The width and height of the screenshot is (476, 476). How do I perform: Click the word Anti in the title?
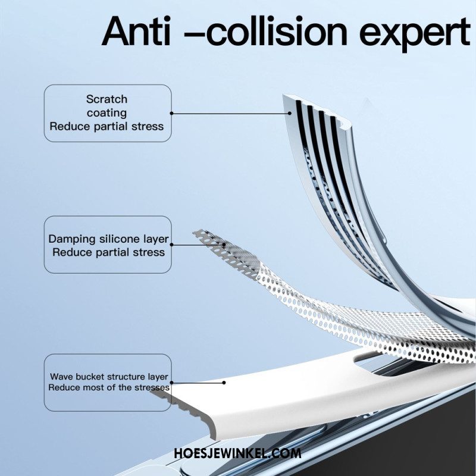coord(136,32)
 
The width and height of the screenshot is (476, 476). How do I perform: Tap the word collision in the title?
coord(277,31)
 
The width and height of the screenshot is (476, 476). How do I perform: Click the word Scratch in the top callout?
coord(107,99)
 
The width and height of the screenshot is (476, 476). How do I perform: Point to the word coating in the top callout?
coord(107,113)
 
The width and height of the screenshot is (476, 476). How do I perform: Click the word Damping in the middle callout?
coord(72,239)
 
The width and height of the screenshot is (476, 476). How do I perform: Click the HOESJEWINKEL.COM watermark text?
coord(237,453)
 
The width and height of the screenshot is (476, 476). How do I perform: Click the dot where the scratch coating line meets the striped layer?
coord(290,113)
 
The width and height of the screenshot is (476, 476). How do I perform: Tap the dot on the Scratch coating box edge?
coord(171,113)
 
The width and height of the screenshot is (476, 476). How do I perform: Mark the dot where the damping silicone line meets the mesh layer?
coord(224,245)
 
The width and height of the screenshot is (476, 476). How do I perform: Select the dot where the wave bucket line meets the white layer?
coord(224,383)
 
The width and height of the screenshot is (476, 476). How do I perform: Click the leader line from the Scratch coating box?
coord(230,114)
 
